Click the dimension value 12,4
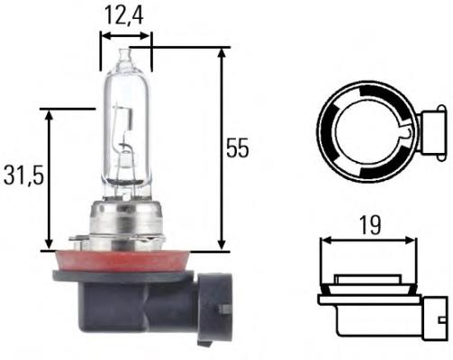[125, 14]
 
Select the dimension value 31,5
[19, 177]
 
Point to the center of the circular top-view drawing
[368, 123]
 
